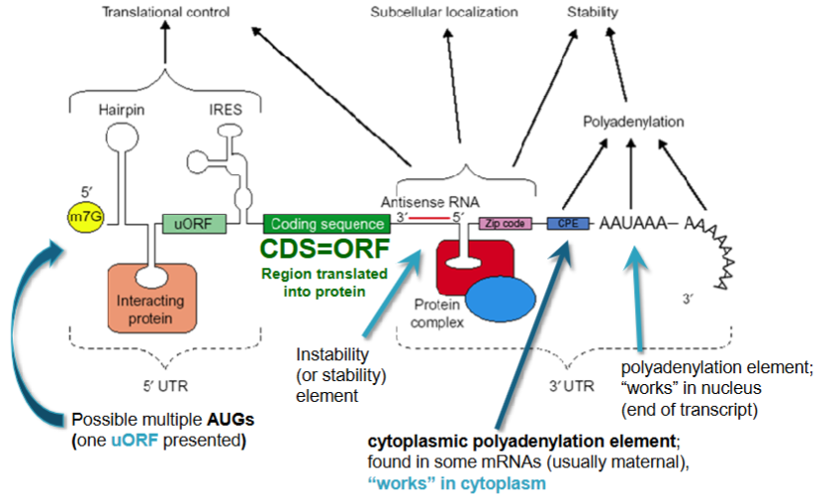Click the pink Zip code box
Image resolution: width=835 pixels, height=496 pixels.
click(x=502, y=224)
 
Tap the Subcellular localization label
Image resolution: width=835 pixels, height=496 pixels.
click(x=444, y=13)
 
